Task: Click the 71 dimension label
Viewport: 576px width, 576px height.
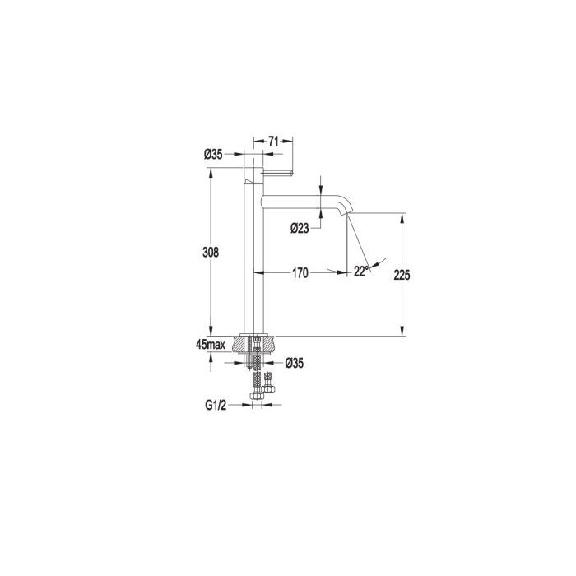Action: (273, 141)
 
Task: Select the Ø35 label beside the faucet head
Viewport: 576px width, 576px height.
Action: (213, 155)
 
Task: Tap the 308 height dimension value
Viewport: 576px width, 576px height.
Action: (211, 252)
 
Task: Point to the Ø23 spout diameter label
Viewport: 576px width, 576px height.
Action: (300, 229)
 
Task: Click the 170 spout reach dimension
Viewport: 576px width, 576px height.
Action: (300, 273)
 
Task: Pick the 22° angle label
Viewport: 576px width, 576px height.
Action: (361, 271)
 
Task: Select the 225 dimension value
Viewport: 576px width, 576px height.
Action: (402, 275)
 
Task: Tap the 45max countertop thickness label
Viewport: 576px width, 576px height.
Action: (211, 345)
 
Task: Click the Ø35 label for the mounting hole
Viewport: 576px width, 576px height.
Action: (295, 364)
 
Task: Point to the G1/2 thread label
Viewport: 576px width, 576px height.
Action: (216, 405)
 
